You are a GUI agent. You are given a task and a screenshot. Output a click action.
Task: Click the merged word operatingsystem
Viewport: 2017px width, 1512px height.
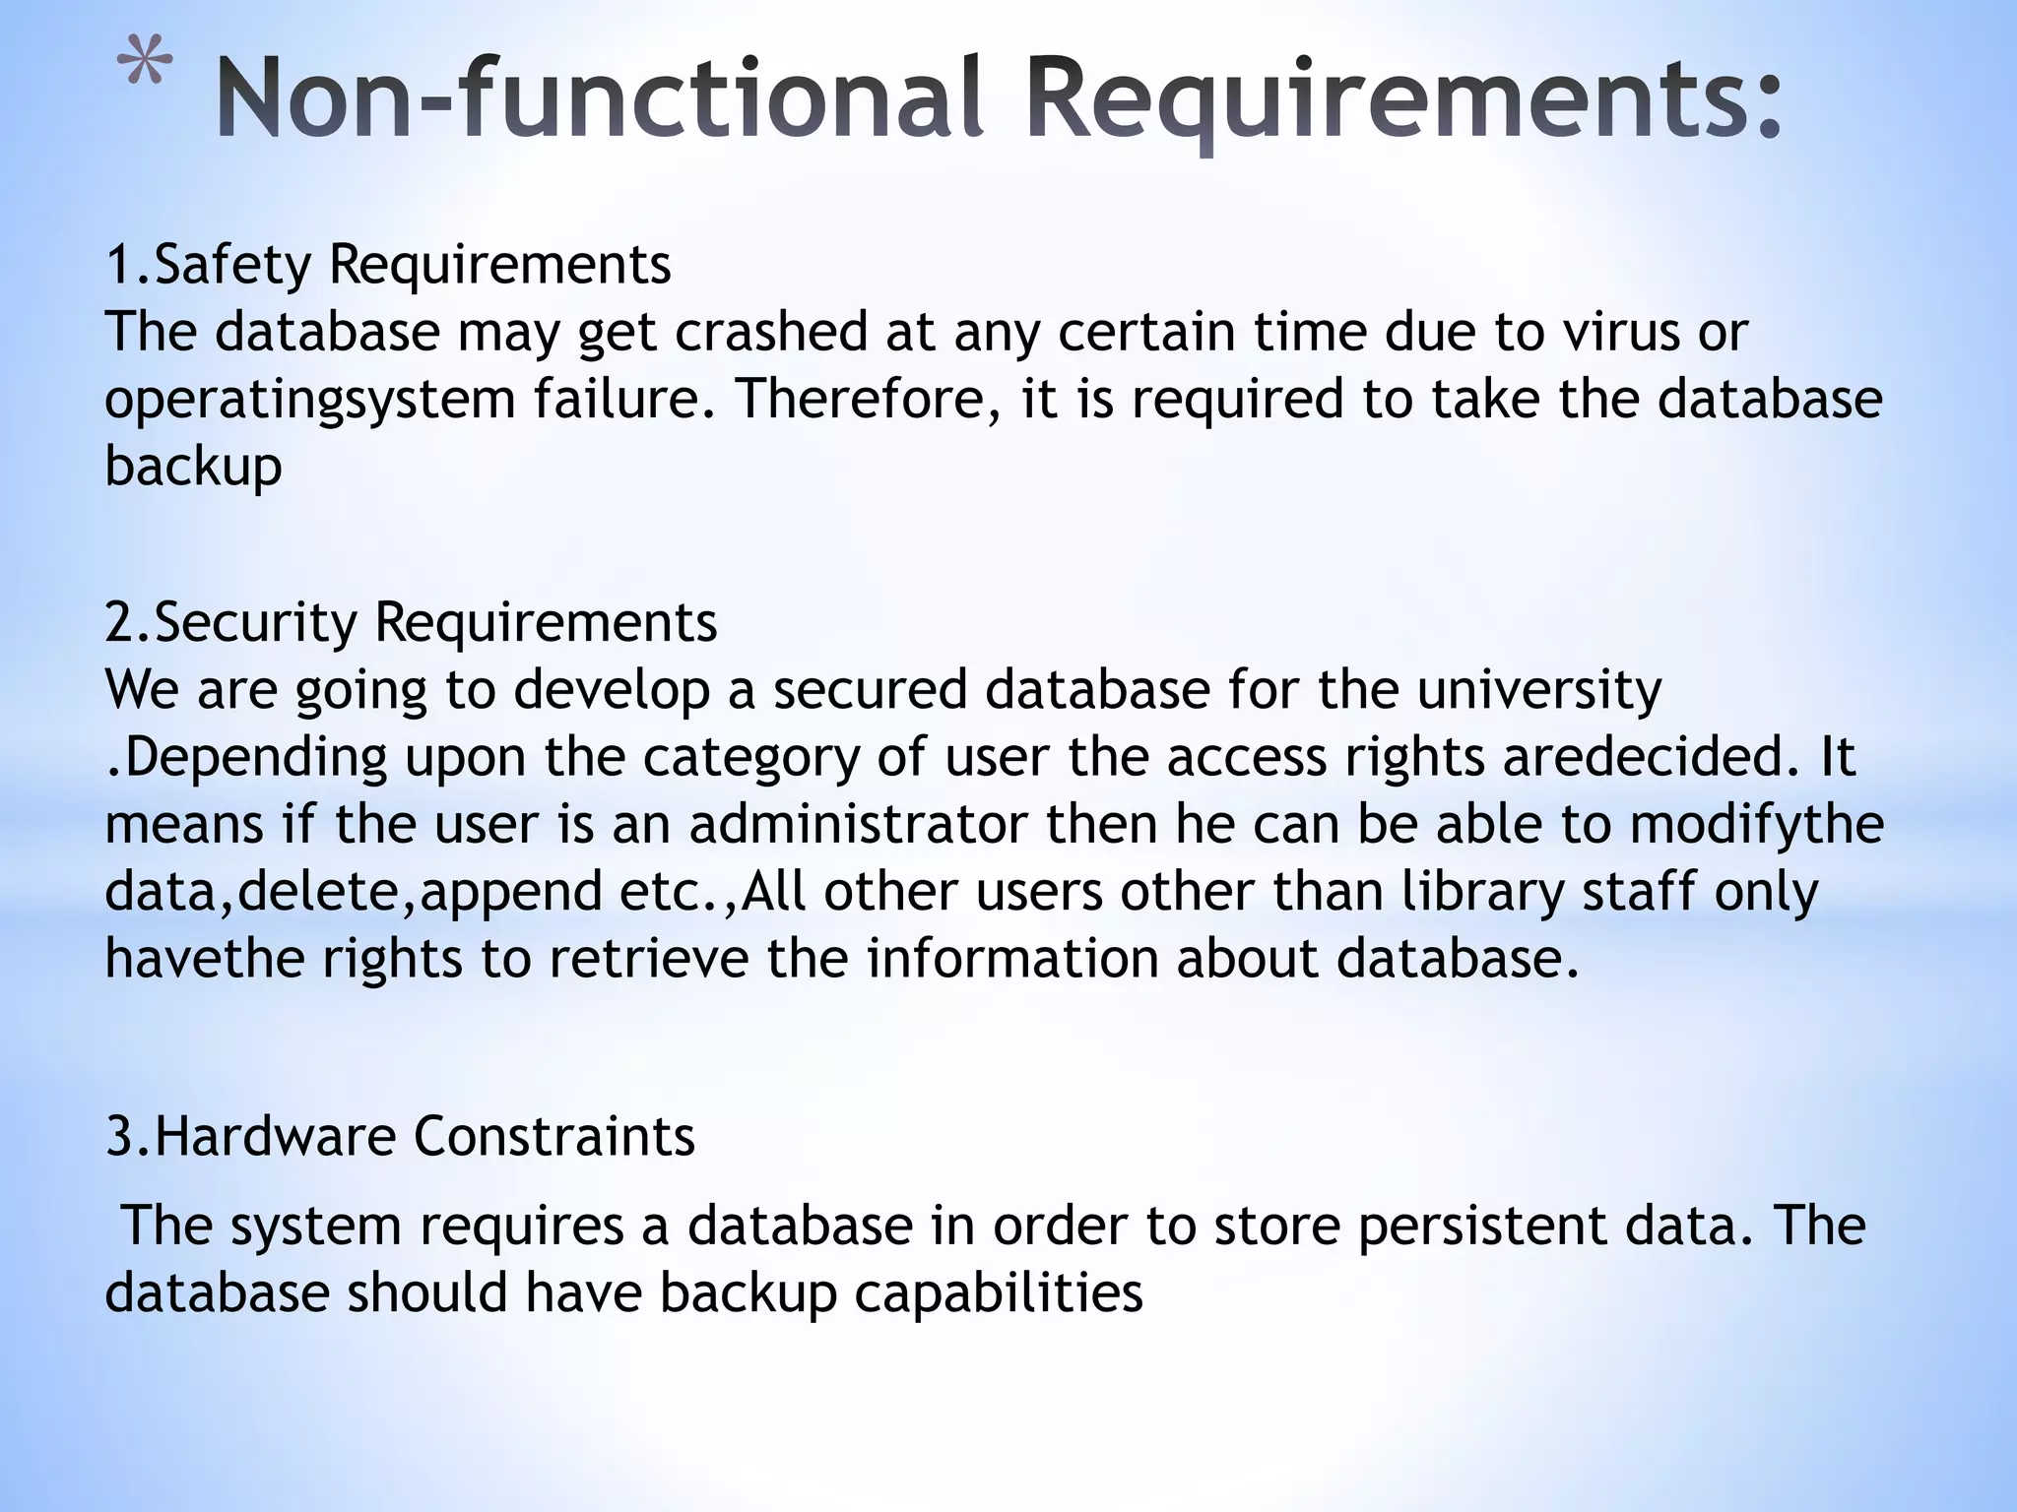pyautogui.click(x=310, y=401)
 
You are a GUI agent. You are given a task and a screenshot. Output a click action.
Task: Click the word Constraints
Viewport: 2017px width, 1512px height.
pyautogui.click(x=554, y=1136)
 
